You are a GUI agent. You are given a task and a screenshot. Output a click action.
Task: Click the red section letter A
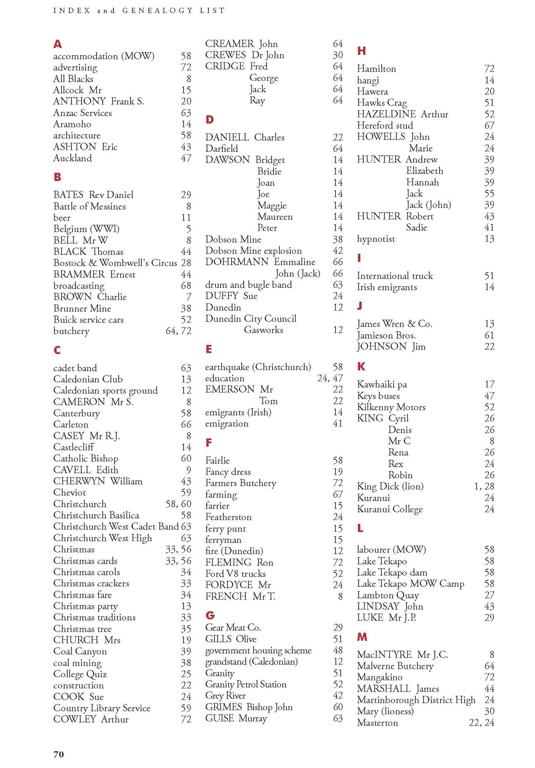pyautogui.click(x=57, y=44)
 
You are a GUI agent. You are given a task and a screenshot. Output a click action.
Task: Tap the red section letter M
pyautogui.click(x=362, y=637)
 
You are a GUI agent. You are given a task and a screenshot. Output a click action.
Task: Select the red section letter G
pyautogui.click(x=210, y=615)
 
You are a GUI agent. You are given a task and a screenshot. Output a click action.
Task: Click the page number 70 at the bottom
pyautogui.click(x=59, y=754)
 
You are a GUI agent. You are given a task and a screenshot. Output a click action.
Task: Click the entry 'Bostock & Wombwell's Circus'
pyautogui.click(x=115, y=263)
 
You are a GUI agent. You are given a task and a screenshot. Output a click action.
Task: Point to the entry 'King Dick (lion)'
pyautogui.click(x=390, y=486)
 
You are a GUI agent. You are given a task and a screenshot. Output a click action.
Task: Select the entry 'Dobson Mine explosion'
pyautogui.click(x=253, y=251)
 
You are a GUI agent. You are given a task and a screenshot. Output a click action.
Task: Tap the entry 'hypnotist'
pyautogui.click(x=376, y=239)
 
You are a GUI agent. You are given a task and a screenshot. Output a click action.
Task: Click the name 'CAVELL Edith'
pyautogui.click(x=85, y=470)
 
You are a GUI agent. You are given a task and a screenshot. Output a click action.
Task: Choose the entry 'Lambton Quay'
pyautogui.click(x=388, y=595)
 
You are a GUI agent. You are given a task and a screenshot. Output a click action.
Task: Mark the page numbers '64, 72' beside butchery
pyautogui.click(x=178, y=331)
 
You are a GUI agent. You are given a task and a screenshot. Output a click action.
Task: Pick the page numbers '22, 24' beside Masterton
pyautogui.click(x=481, y=723)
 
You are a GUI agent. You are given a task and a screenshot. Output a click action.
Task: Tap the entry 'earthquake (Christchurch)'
pyautogui.click(x=258, y=367)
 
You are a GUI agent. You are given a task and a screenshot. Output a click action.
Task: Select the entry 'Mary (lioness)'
pyautogui.click(x=385, y=711)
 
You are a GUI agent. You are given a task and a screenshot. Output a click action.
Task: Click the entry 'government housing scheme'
pyautogui.click(x=258, y=650)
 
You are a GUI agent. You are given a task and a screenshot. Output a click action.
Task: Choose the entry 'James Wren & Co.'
pyautogui.click(x=394, y=324)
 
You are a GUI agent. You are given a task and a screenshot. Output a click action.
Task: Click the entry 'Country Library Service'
pyautogui.click(x=102, y=708)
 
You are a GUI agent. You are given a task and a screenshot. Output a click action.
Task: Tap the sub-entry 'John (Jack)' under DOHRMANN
pyautogui.click(x=298, y=273)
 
